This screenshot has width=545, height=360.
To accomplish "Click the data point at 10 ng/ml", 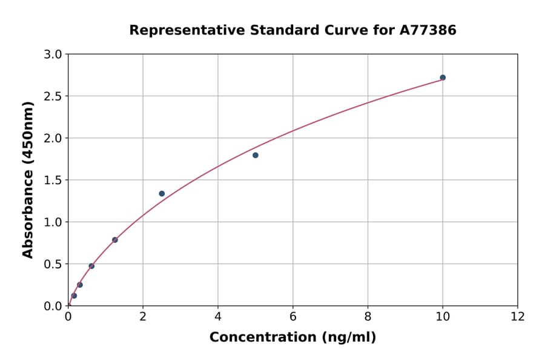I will (443, 78).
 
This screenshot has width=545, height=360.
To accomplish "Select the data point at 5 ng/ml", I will (256, 155).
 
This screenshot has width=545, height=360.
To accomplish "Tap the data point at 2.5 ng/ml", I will (162, 194).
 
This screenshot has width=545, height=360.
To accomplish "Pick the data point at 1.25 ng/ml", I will (115, 240).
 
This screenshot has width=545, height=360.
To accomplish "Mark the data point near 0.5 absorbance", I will (91, 266).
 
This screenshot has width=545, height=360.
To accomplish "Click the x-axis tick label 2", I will (143, 316).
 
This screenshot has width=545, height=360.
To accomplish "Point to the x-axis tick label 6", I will (293, 316).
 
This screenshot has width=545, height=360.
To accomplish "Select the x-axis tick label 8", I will (368, 316).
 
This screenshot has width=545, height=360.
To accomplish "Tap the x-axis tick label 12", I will (518, 316).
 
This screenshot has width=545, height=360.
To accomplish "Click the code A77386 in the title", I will (429, 30).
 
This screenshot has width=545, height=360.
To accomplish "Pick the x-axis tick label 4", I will (218, 316).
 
